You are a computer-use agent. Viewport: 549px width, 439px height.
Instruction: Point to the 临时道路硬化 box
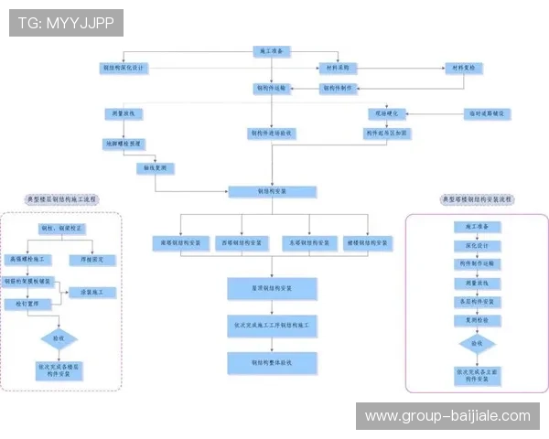tap(486, 113)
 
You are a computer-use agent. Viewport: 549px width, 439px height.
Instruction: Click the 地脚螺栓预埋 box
tap(124, 143)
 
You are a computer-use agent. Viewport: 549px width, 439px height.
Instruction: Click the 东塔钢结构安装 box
tap(307, 242)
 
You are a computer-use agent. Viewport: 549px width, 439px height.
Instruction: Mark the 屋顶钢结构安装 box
tap(272, 288)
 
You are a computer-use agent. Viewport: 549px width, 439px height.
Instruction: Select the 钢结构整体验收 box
tap(272, 363)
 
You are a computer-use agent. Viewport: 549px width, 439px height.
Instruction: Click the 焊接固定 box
tap(92, 259)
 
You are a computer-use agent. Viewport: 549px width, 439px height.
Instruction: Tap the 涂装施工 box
tap(92, 292)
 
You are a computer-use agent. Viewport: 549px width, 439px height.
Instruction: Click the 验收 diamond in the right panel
tap(476, 344)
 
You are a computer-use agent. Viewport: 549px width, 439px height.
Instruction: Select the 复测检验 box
tap(476, 320)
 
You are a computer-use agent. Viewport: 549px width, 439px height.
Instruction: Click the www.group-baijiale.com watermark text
tap(447, 416)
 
